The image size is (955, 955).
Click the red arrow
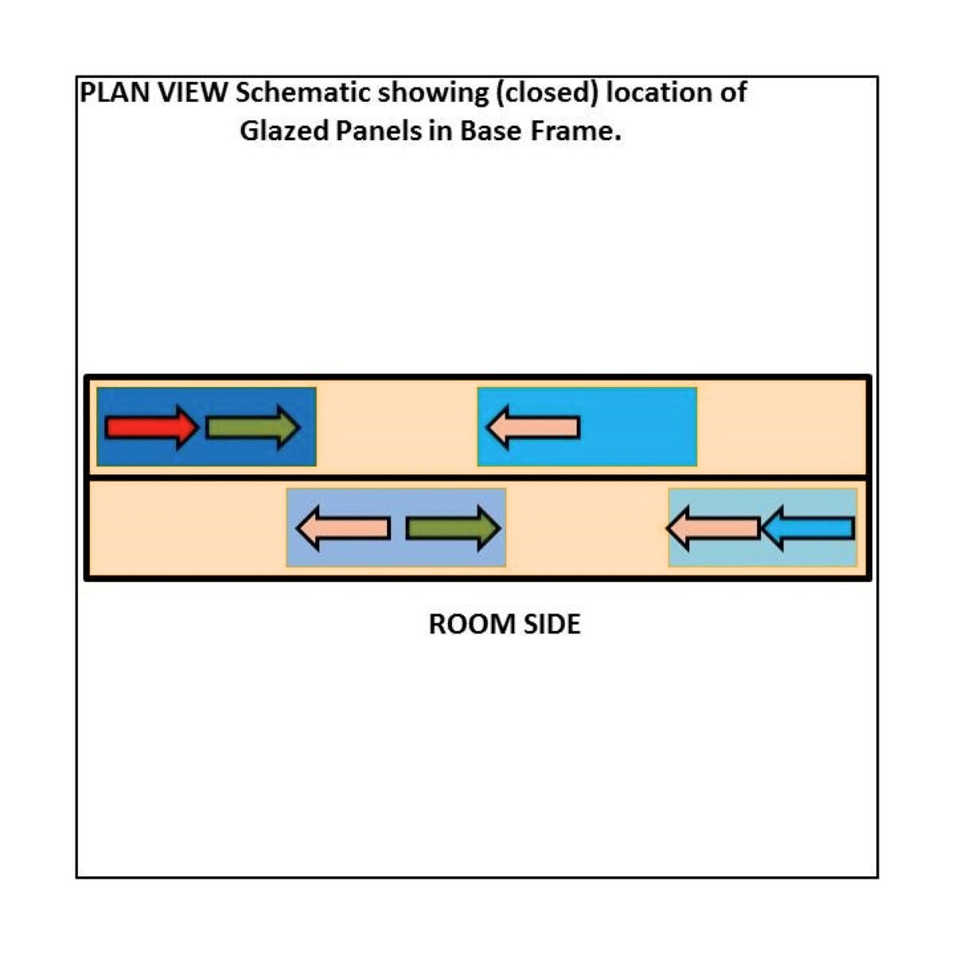pos(152,427)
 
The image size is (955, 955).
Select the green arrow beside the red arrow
pos(253,427)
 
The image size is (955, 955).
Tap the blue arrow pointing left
pos(809,528)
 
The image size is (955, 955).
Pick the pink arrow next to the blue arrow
pos(712,528)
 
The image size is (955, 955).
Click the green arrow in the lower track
pos(453,528)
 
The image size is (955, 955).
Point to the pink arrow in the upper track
pos(532,427)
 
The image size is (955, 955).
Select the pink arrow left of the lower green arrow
pos(343,528)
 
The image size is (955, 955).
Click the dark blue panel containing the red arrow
pos(206,427)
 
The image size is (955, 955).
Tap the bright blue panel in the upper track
pos(587,427)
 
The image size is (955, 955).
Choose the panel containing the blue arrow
pos(762,528)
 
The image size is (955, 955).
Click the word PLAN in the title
pos(115,92)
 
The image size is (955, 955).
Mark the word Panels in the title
pos(379,131)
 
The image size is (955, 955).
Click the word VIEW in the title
pos(193,92)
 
